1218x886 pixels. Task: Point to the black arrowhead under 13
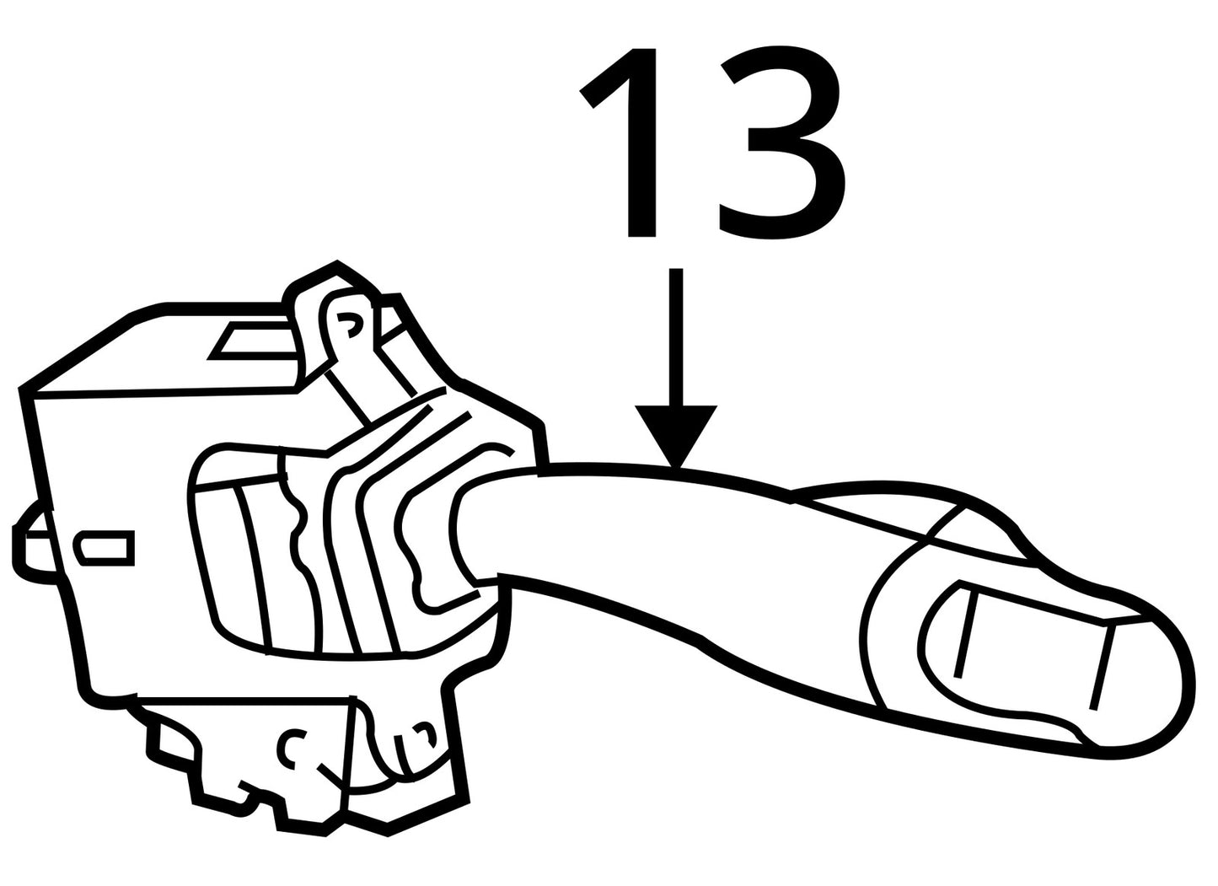click(676, 435)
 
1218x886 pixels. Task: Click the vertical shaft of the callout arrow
click(676, 337)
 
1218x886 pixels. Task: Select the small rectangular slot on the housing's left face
click(106, 548)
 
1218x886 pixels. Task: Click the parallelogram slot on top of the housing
click(255, 341)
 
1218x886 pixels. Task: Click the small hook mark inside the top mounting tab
click(349, 325)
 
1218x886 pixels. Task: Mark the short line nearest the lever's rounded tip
click(1103, 669)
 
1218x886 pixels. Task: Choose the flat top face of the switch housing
click(164, 348)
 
